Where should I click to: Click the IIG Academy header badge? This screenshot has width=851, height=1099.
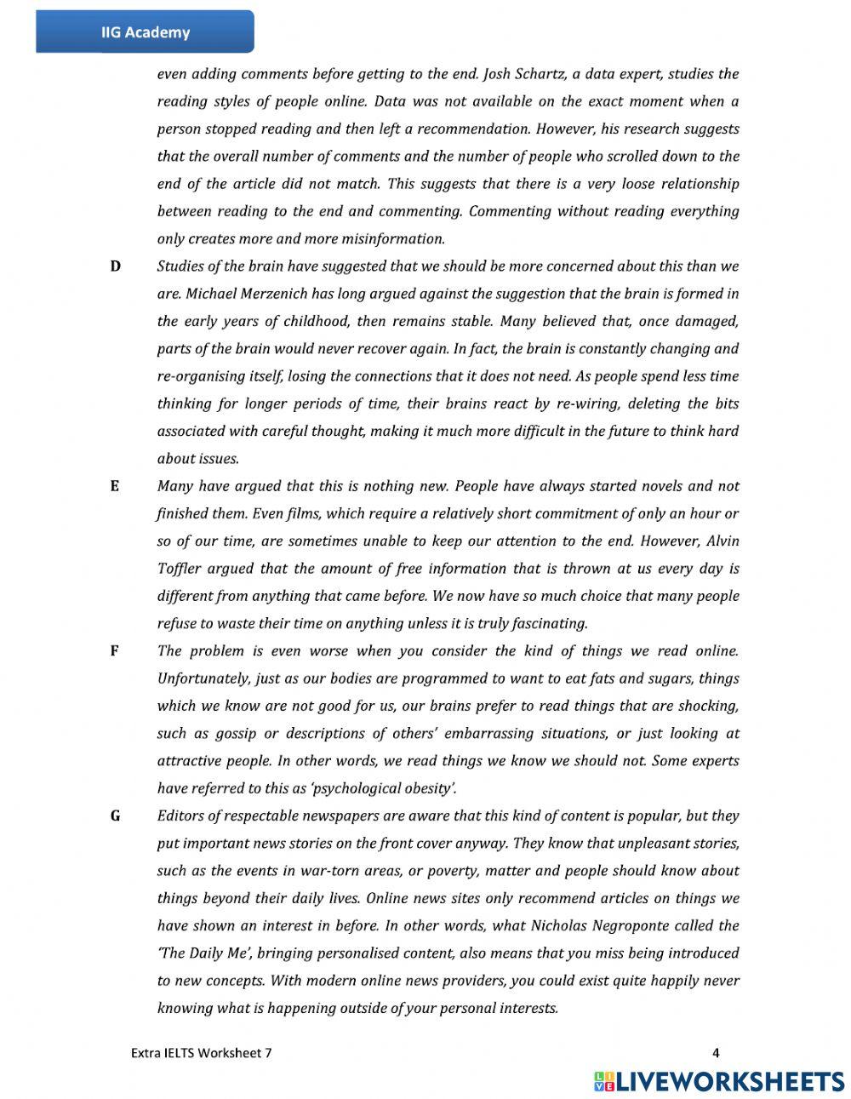pos(145,32)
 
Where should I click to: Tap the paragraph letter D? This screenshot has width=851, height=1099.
pos(115,266)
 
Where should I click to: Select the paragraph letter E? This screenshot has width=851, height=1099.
pos(114,486)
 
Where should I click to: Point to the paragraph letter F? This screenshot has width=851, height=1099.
pos(114,651)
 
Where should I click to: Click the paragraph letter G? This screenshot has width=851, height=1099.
pos(115,816)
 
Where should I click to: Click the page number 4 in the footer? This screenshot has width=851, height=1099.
pos(716,1053)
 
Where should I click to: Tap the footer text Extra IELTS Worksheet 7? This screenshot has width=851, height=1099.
pos(202,1053)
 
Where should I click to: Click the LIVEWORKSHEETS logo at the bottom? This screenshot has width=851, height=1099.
pos(719,1081)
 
